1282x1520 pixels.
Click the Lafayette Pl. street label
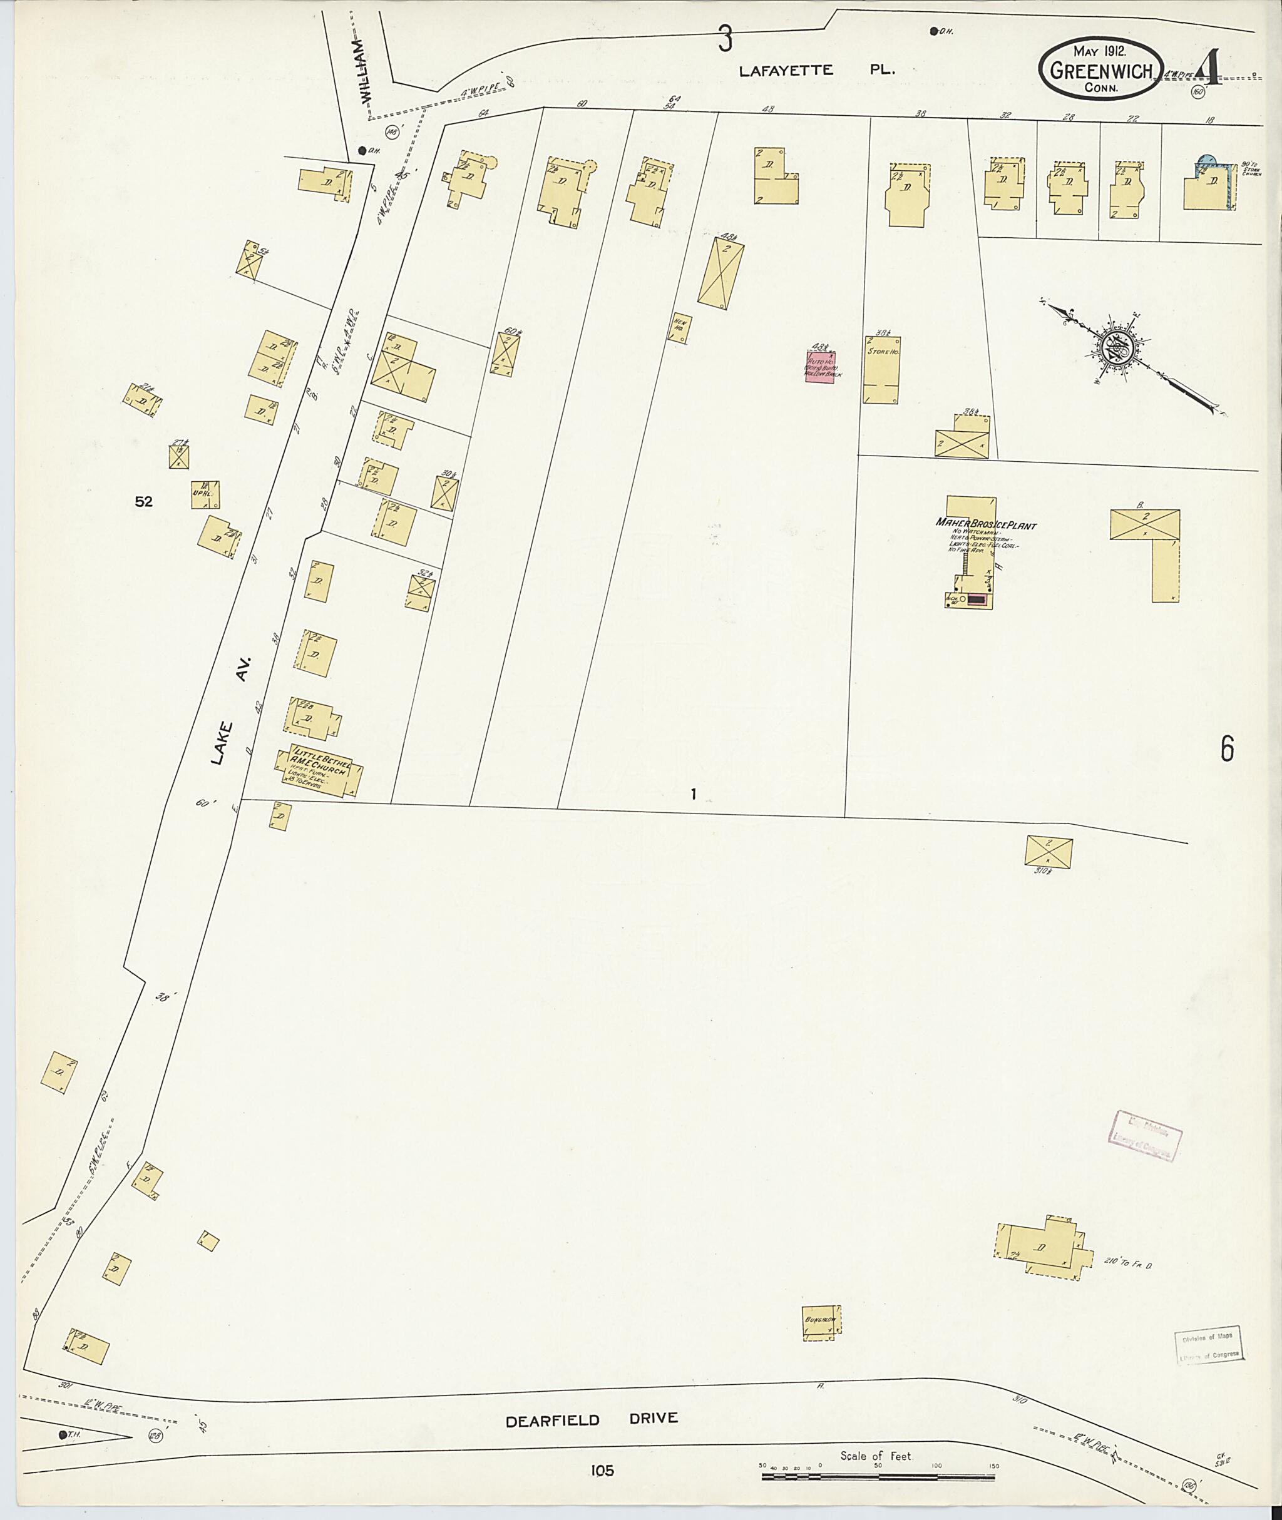(x=817, y=71)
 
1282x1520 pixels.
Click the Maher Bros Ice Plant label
(x=985, y=524)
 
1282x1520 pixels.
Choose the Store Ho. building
(x=881, y=370)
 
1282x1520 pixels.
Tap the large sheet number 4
(x=1209, y=69)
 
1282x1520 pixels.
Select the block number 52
(x=144, y=501)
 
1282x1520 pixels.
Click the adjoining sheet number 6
(x=1227, y=749)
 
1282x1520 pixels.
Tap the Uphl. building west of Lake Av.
(x=205, y=494)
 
